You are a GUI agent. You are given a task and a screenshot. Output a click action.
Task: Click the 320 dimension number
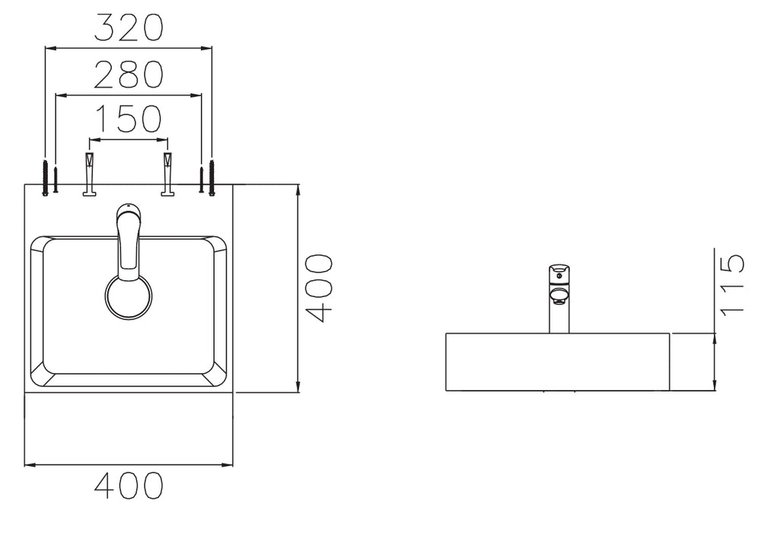pyautogui.click(x=129, y=27)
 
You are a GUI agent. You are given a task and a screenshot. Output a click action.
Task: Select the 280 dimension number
pyautogui.click(x=129, y=75)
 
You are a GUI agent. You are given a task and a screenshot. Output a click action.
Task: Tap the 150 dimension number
pyautogui.click(x=129, y=119)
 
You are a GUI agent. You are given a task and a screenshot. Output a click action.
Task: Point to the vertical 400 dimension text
pyautogui.click(x=320, y=289)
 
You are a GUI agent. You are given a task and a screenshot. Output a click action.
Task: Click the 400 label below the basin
pyautogui.click(x=129, y=485)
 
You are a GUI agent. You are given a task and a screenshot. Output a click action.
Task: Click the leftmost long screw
pyautogui.click(x=45, y=177)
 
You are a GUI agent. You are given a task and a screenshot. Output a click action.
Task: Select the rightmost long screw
pyautogui.click(x=212, y=177)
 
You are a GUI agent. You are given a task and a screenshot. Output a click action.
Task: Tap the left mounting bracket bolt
pyautogui.click(x=90, y=174)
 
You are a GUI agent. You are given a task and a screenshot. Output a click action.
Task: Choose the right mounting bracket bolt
pyautogui.click(x=168, y=174)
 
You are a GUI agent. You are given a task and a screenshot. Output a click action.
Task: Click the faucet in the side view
pyautogui.click(x=559, y=299)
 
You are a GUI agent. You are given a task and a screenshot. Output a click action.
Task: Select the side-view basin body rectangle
pyautogui.click(x=558, y=362)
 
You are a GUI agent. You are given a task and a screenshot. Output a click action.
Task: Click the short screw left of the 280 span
pyautogui.click(x=56, y=180)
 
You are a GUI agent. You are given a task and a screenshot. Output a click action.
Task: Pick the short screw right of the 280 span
pyautogui.click(x=201, y=180)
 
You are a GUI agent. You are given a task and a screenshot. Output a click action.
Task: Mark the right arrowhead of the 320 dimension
pyautogui.click(x=207, y=48)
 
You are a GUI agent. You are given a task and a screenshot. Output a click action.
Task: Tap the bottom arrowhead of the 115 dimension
pyautogui.click(x=715, y=385)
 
